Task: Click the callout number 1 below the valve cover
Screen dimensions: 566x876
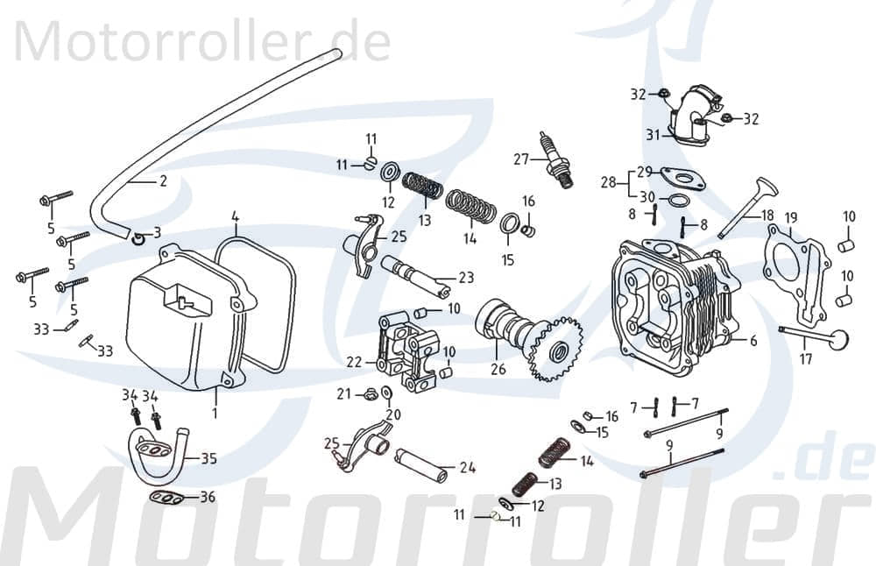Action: pos(215,411)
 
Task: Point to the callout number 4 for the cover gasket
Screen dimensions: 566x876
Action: pos(235,216)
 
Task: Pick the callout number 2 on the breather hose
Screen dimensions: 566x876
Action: pos(162,181)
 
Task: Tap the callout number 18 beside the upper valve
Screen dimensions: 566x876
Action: pos(766,215)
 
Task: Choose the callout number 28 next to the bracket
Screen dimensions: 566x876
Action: pos(608,182)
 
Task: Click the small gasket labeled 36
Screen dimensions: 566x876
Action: pos(164,499)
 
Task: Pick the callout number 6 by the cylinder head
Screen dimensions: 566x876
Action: pos(753,342)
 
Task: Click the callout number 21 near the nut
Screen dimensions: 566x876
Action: pos(344,393)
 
